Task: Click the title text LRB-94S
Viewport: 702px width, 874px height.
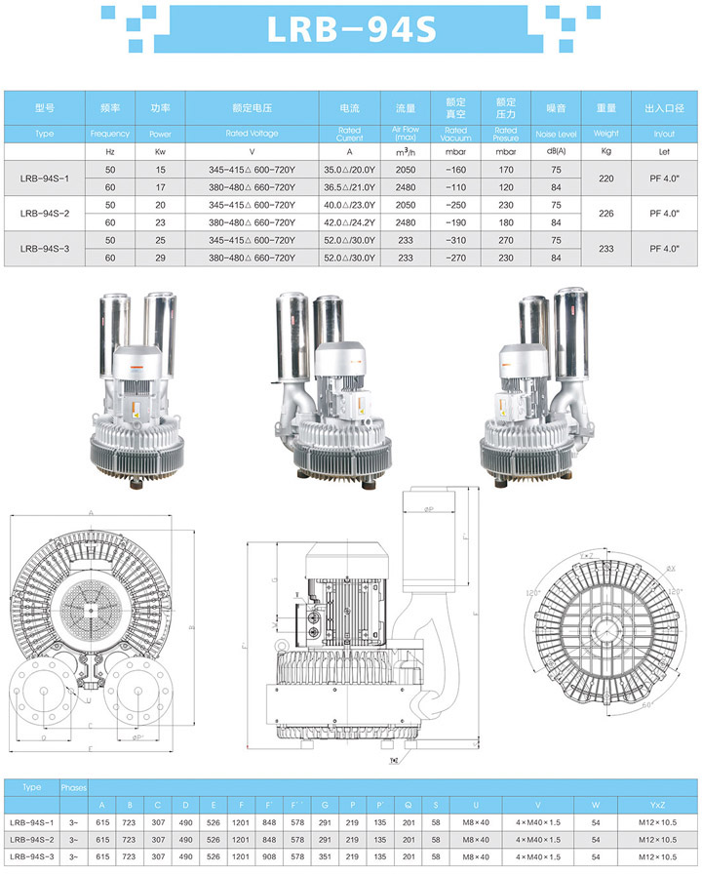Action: click(351, 29)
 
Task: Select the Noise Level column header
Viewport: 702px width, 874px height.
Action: click(556, 133)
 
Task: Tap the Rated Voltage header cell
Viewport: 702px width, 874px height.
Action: click(252, 133)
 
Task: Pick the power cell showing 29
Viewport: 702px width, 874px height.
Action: click(161, 258)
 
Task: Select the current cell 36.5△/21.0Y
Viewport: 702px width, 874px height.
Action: click(349, 186)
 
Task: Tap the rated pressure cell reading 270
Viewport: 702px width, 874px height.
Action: click(505, 240)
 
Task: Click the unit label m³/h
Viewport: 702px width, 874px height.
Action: click(405, 152)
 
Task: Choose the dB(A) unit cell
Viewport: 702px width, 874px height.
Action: click(556, 152)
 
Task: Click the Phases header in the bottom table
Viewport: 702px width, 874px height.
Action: click(74, 786)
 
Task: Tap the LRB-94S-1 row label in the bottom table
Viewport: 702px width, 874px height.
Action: click(31, 822)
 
